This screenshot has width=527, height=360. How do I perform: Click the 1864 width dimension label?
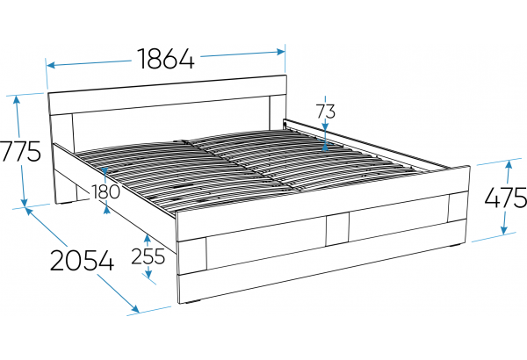(166, 59)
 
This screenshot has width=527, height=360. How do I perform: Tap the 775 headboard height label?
(21, 151)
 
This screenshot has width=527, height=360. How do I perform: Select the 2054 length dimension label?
(83, 260)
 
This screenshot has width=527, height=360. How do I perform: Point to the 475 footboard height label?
(506, 197)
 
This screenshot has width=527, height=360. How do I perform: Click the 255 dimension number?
(148, 256)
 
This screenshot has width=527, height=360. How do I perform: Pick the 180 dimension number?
(105, 192)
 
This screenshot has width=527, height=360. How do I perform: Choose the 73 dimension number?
(326, 112)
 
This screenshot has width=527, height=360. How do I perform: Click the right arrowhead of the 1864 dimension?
(281, 52)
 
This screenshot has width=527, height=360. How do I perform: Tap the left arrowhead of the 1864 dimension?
(51, 65)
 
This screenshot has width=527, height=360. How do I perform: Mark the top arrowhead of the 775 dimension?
(16, 100)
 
